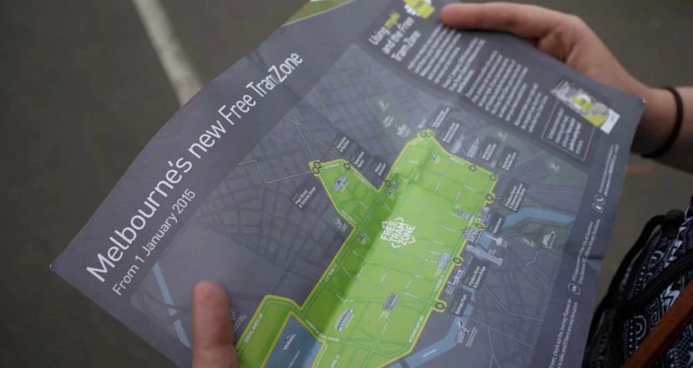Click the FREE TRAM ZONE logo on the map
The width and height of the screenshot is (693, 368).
(x=396, y=238)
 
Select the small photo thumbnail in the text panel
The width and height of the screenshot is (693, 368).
(x=585, y=104)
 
